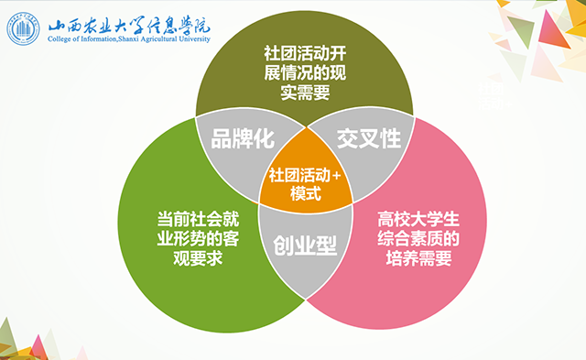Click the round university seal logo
point(24,27)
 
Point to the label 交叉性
point(369,138)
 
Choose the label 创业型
point(301,245)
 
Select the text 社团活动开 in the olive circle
point(301,52)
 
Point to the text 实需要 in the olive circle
point(301,93)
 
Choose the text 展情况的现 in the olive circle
point(301,72)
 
